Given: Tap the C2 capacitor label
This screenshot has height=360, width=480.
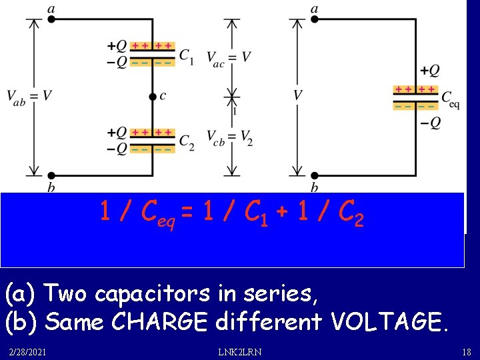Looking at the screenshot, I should pos(187,142).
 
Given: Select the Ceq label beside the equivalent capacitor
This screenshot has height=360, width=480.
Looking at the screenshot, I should pos(451,100).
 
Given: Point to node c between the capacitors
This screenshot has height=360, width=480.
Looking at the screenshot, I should pos(153,96).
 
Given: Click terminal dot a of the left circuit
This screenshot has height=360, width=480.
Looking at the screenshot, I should pos(51,20).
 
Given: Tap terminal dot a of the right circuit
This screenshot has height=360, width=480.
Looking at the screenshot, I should pos(314,20).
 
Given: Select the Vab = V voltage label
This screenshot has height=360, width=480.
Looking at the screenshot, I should pos(29,97).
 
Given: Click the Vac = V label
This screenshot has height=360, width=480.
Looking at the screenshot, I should pos(228,57).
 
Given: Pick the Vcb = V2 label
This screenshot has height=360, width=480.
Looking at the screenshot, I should pos(229,138).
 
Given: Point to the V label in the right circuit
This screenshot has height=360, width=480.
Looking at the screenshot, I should pos(297,95).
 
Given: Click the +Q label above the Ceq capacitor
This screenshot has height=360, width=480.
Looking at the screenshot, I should pos(429,71).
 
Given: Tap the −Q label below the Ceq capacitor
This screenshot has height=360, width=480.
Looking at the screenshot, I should pos(429,123).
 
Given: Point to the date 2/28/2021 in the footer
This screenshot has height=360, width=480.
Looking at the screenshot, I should pos(28,351).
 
